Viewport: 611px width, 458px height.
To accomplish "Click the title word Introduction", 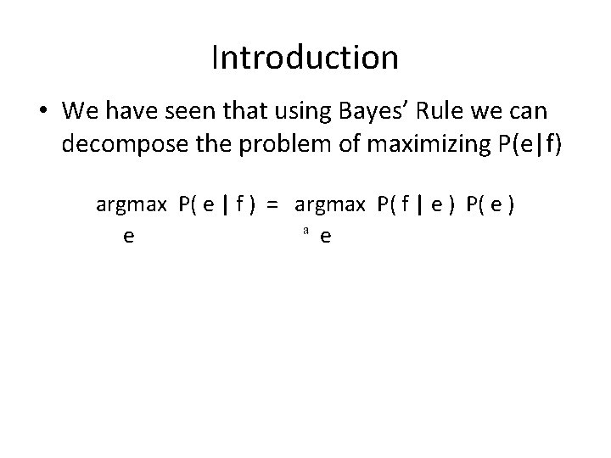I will coord(305,58).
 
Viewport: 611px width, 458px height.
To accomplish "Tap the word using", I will coord(284,110).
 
